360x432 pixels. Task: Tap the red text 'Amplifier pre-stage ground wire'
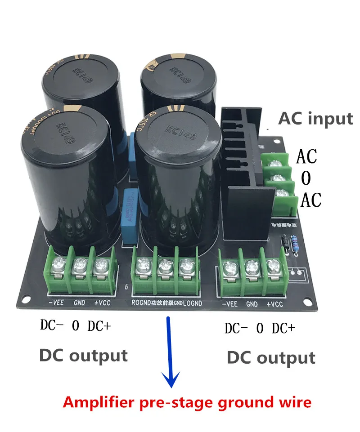coord(187,401)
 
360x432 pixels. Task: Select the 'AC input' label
coord(315,119)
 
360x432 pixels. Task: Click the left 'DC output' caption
coord(83,355)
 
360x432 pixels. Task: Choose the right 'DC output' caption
coord(270,357)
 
